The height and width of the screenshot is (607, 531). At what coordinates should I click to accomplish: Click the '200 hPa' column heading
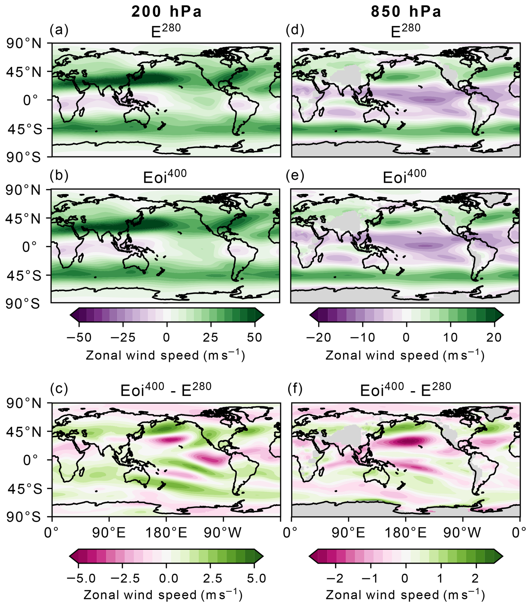pyautogui.click(x=166, y=12)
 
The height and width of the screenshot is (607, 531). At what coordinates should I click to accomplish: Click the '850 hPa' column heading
pyautogui.click(x=406, y=12)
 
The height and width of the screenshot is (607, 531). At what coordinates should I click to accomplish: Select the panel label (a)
pyautogui.click(x=59, y=30)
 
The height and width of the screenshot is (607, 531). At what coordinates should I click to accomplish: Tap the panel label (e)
pyautogui.click(x=295, y=176)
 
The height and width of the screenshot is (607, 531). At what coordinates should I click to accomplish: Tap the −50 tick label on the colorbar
pyautogui.click(x=79, y=337)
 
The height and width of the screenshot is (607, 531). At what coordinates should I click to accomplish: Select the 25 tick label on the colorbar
pyautogui.click(x=210, y=337)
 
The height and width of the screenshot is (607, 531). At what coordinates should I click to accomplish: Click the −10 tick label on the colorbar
pyautogui.click(x=362, y=337)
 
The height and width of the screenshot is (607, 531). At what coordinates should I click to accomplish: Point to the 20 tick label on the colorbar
pyautogui.click(x=494, y=337)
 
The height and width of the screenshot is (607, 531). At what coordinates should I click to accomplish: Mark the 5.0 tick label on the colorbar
pyautogui.click(x=255, y=578)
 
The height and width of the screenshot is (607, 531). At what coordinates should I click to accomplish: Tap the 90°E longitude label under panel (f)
pyautogui.click(x=348, y=533)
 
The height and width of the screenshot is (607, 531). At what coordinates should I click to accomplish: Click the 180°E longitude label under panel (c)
pyautogui.click(x=166, y=533)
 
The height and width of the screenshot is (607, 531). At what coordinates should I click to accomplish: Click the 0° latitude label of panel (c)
pyautogui.click(x=31, y=460)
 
